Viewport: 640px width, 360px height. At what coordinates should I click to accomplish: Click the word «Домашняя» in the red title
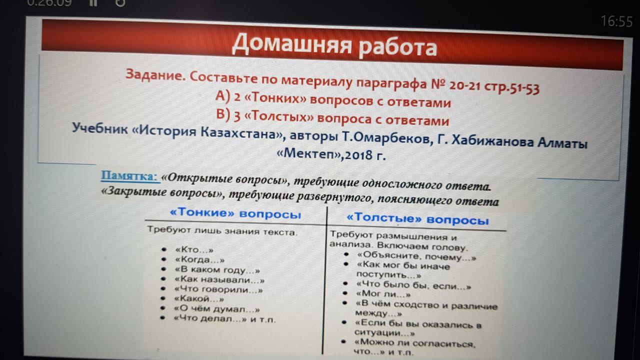click(291, 44)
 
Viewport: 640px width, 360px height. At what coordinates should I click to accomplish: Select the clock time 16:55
click(616, 21)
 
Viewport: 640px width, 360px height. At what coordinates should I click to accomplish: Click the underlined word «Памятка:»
click(129, 175)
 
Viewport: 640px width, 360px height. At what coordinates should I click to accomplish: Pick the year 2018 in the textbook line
click(358, 155)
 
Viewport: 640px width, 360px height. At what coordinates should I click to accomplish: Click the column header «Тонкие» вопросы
click(235, 213)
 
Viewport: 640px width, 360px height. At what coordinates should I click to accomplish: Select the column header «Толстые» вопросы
click(417, 219)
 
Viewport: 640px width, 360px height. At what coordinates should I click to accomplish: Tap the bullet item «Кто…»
click(194, 249)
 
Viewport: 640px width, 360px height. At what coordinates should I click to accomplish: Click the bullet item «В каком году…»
click(217, 269)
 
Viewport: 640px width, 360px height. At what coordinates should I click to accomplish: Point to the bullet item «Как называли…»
click(219, 279)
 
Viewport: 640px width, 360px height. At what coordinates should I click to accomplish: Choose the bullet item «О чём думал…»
click(217, 309)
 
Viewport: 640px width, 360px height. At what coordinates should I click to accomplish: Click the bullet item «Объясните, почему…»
click(416, 256)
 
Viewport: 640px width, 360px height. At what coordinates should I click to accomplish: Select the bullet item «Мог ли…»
click(383, 293)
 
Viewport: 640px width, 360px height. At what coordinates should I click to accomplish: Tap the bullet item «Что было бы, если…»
click(413, 285)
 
